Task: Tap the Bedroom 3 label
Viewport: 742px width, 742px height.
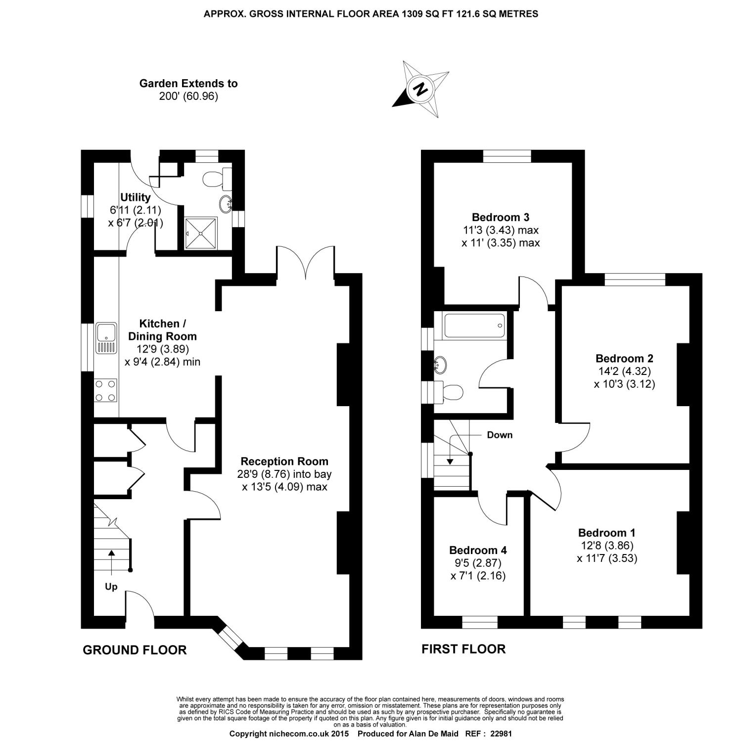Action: point(501,217)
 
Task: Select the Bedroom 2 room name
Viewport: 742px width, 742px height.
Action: point(624,358)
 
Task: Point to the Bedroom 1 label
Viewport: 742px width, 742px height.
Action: point(606,533)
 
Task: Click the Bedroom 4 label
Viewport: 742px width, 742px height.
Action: point(478,550)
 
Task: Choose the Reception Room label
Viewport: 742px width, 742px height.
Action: point(284,462)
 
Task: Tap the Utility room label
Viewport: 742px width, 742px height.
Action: point(135,197)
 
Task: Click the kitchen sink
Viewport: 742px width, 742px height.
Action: point(106,338)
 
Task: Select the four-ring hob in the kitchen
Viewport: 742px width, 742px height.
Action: point(106,390)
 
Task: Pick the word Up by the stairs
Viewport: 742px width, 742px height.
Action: point(111,587)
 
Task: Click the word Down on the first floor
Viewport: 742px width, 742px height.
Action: point(500,435)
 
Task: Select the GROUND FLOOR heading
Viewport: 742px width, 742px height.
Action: point(135,650)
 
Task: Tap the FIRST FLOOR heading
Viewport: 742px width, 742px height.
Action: point(464,649)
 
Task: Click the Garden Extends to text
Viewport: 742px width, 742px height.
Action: point(188,84)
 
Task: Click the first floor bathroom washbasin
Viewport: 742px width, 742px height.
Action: point(440,365)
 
